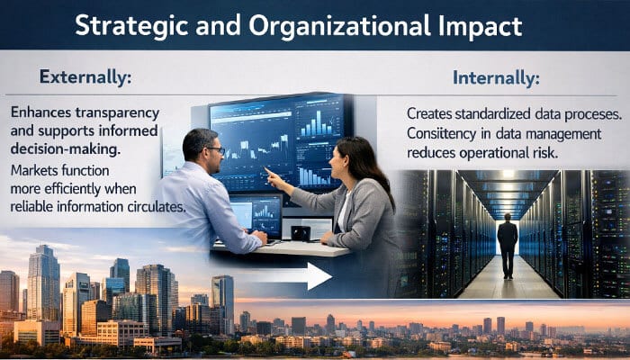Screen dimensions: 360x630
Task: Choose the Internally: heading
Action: [496, 78]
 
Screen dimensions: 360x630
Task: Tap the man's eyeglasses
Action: [213, 150]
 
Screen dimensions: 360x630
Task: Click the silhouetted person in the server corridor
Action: [508, 243]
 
